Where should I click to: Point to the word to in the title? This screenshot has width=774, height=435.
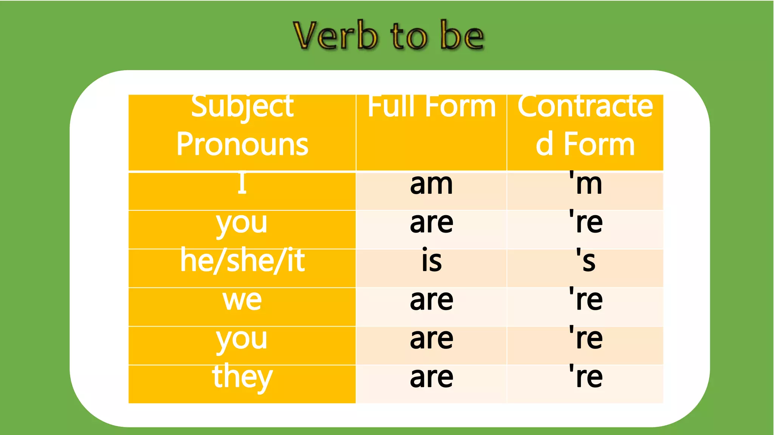(409, 37)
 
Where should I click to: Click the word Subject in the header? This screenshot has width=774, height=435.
(242, 106)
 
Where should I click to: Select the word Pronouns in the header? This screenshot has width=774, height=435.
(242, 144)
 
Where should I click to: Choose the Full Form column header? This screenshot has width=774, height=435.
(432, 106)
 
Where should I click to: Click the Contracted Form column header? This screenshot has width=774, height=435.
(585, 125)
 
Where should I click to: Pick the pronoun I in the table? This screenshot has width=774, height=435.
(242, 184)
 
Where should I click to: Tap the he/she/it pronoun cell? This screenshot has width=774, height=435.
(242, 261)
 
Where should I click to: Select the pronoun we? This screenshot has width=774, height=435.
(242, 300)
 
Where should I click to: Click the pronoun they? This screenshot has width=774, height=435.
(242, 377)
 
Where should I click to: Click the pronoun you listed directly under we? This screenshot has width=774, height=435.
(242, 339)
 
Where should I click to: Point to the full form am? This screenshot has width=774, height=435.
(431, 184)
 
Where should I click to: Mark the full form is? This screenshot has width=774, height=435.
(432, 261)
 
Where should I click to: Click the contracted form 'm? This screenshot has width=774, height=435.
(585, 184)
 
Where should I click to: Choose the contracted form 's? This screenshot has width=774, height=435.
(585, 261)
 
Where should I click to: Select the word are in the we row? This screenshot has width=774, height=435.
(432, 300)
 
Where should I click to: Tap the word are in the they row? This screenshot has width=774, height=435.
(432, 377)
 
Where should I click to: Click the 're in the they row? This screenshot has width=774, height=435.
(586, 377)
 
